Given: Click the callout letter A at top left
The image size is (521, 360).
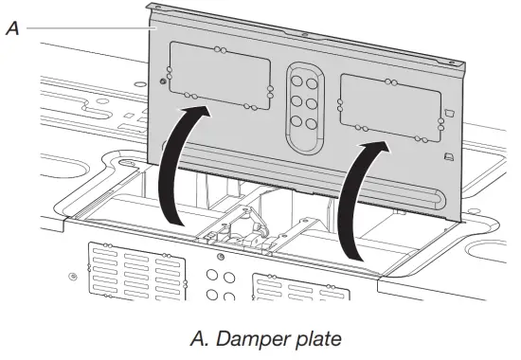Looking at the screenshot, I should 11,28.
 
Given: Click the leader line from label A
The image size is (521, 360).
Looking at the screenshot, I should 85,28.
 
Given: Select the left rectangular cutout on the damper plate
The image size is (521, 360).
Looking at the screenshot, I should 219,70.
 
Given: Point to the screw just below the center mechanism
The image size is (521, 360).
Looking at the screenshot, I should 221,257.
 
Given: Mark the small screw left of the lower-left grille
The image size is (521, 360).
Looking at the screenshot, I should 73,277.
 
